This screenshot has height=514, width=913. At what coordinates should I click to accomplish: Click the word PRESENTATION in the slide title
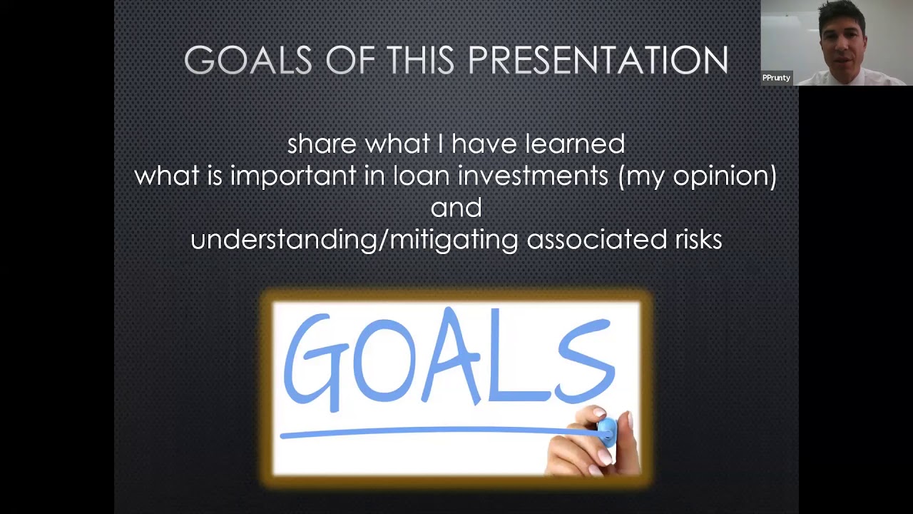[598, 60]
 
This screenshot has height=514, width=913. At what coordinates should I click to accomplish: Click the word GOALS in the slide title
[248, 60]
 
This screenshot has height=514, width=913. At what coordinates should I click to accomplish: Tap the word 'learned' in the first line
[575, 144]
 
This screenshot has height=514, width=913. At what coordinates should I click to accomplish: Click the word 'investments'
[533, 176]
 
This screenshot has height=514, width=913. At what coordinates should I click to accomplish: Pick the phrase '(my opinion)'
[697, 176]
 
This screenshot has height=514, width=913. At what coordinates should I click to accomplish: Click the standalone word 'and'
[456, 208]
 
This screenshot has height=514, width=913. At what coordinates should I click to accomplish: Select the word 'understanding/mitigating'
[354, 240]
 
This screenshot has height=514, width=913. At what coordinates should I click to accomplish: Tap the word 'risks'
[698, 240]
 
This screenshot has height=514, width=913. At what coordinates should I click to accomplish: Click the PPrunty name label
[776, 78]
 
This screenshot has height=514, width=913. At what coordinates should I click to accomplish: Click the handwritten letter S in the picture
[585, 361]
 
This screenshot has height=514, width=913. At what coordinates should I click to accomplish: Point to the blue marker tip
[606, 430]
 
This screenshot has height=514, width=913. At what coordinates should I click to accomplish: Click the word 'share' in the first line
[322, 144]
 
